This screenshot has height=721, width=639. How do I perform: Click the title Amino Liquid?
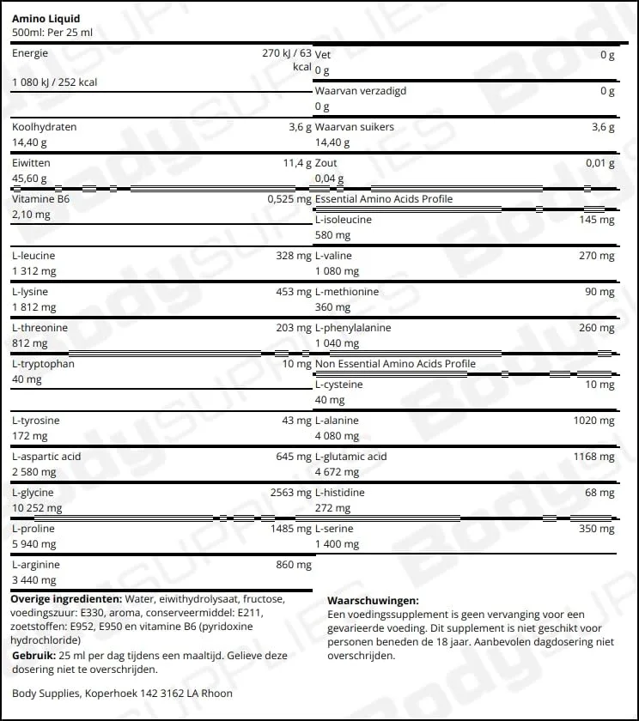coord(46,18)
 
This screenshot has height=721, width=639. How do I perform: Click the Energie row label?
coord(30,53)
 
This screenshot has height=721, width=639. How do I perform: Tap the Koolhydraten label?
coord(45,127)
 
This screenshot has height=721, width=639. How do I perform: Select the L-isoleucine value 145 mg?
coord(596,220)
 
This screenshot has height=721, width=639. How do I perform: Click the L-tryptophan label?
coord(44,364)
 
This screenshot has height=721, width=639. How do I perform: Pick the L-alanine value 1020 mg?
coord(593,421)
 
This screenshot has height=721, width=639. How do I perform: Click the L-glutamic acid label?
coord(351,457)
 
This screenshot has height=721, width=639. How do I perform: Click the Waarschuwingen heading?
coord(373,602)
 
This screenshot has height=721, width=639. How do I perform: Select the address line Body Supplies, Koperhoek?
coord(122,693)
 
